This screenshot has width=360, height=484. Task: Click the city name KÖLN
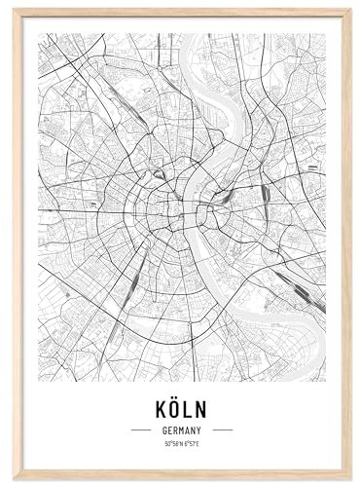click(181, 407)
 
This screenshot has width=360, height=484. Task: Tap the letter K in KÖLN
click(158, 407)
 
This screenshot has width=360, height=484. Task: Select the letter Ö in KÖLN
click(173, 407)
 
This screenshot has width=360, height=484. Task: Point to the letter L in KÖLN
click(189, 407)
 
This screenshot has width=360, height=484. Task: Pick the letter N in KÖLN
click(203, 407)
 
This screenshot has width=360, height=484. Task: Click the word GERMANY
click(181, 429)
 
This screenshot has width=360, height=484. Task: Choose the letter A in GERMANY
click(187, 429)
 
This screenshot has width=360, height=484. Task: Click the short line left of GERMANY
click(140, 429)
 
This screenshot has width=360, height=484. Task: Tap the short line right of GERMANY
click(222, 429)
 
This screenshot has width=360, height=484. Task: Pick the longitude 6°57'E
click(191, 444)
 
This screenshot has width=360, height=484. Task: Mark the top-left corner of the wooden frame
click(14, 10)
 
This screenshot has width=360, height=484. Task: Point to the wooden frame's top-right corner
click(349, 10)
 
